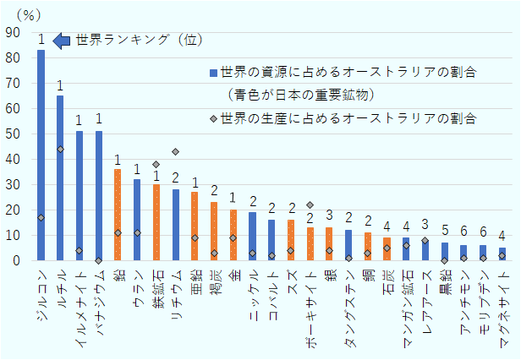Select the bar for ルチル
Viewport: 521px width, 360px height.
coord(60,177)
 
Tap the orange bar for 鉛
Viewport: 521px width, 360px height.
coord(118,215)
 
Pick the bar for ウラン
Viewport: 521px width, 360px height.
coord(137,220)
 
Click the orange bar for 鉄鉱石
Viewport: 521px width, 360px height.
coord(156,222)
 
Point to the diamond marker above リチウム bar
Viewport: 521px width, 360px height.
coord(176,152)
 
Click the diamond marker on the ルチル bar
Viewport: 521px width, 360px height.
coord(60,149)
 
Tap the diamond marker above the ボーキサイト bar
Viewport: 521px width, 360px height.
coord(310,205)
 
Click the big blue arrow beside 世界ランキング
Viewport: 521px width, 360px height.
coord(62,41)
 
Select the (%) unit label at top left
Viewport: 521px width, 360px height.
coord(19,13)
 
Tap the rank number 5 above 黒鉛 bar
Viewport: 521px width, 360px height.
coord(444,231)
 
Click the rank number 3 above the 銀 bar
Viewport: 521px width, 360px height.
coord(329,215)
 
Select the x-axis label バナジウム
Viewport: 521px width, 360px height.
coord(99,300)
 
